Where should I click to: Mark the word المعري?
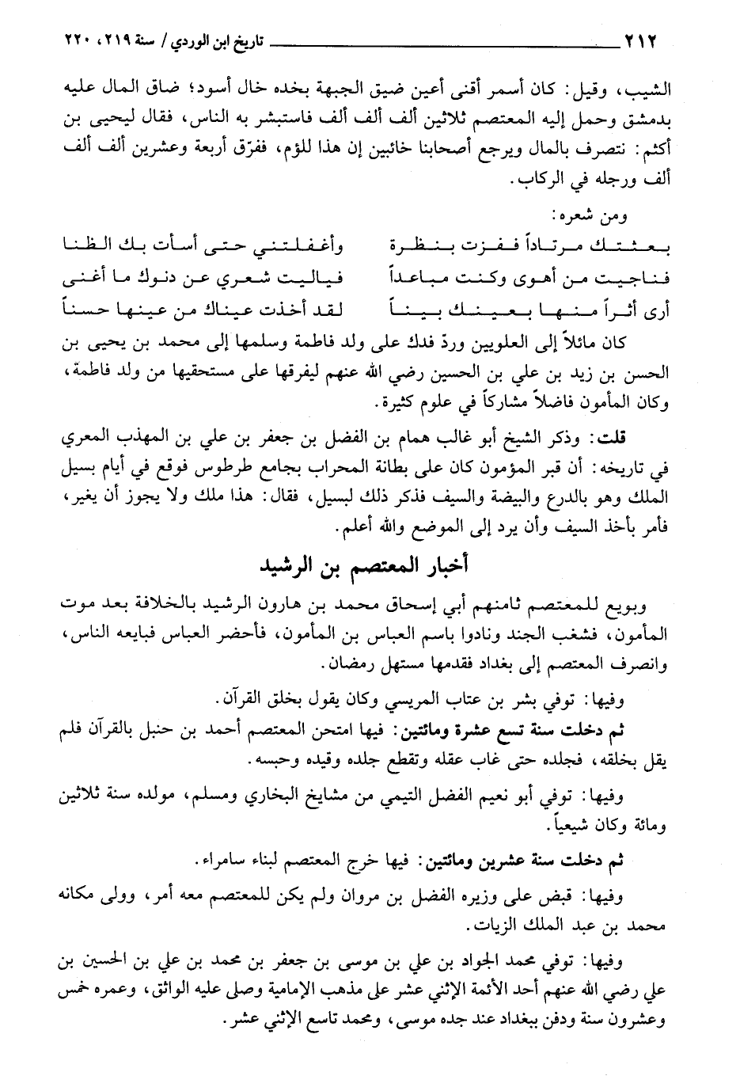click(83, 435)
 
